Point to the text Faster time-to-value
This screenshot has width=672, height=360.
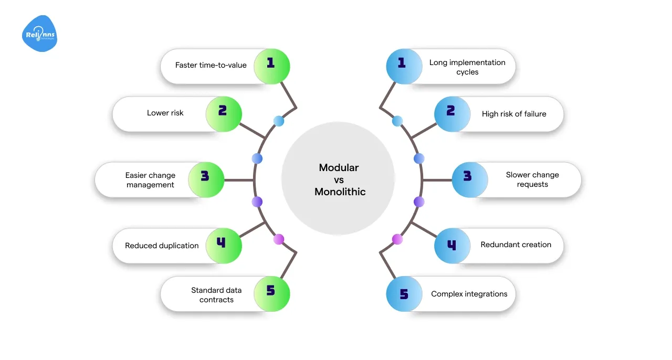pyautogui.click(x=211, y=66)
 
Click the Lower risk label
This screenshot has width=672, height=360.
pyautogui.click(x=165, y=113)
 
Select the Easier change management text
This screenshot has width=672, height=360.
pyautogui.click(x=150, y=180)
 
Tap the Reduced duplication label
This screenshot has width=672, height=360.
pyautogui.click(x=162, y=246)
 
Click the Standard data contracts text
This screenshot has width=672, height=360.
pyautogui.click(x=216, y=295)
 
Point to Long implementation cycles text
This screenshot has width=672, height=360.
pyautogui.click(x=467, y=67)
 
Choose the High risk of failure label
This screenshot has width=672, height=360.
pyautogui.click(x=514, y=114)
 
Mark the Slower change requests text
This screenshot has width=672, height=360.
pyautogui.click(x=532, y=179)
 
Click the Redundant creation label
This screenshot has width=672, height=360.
pyautogui.click(x=516, y=245)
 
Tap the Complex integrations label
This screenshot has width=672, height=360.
pyautogui.click(x=469, y=294)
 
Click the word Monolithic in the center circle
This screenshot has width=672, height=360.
pyautogui.click(x=340, y=192)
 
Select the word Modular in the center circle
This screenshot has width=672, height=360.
pyautogui.click(x=339, y=168)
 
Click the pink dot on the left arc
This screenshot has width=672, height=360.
pyautogui.click(x=279, y=239)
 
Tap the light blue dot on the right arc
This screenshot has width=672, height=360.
pyautogui.click(x=397, y=121)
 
